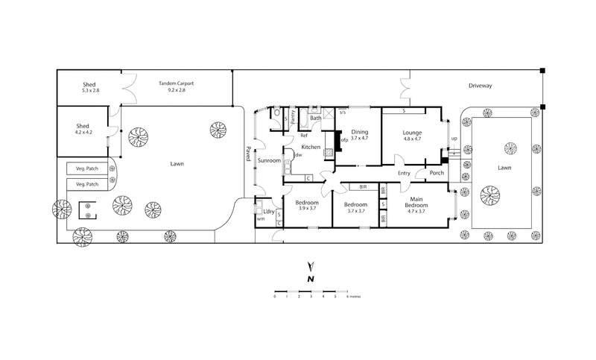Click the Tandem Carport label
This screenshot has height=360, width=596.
pos(177,83)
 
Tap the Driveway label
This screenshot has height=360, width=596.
pos(481,86)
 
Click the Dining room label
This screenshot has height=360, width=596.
pos(360,132)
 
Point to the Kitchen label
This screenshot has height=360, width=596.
pos(311,147)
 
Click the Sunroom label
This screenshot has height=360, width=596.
pos(269,160)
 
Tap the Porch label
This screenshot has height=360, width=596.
pos(436,174)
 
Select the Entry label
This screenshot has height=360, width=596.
pos(405,174)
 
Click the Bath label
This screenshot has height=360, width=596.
pos(316,118)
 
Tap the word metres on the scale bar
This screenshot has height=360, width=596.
pos(357,296)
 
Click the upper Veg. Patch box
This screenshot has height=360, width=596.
pos(88,168)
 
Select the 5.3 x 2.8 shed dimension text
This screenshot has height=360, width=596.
pos(90,90)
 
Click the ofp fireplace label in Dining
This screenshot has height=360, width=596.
pos(345,140)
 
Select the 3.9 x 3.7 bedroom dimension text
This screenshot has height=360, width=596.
pos(307,209)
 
